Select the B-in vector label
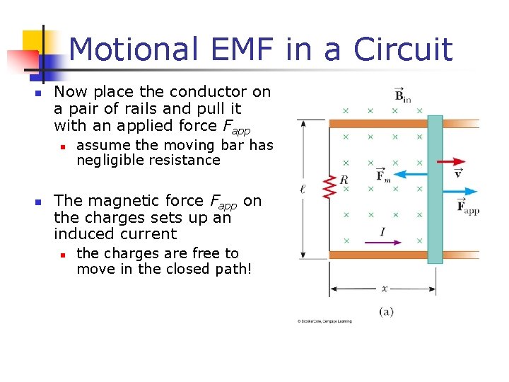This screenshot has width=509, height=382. tap(402, 95)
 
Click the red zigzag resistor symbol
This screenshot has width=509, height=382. tap(329, 187)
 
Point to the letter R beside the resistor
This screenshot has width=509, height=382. tap(344, 180)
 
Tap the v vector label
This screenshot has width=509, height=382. tap(458, 172)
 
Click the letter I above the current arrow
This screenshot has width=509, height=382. tap(382, 231)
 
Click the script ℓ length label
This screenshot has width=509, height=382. tap(303, 189)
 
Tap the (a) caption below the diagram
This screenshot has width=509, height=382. tap(386, 311)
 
